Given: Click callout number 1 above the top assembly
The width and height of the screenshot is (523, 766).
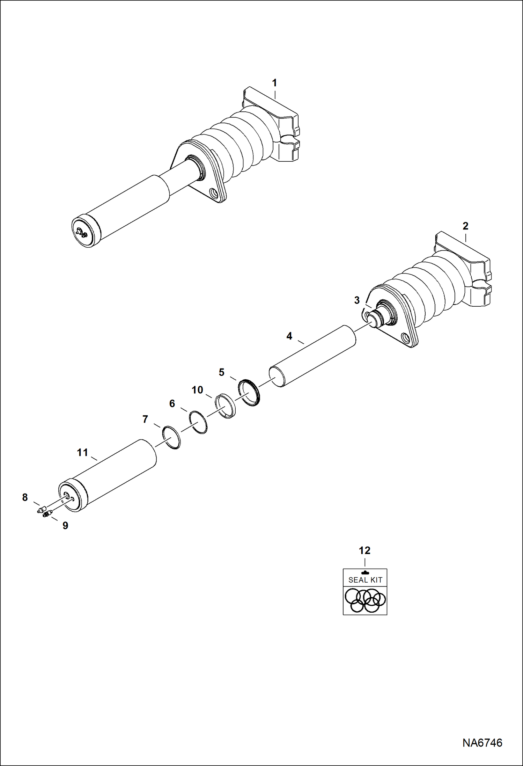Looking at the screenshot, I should pyautogui.click(x=274, y=83).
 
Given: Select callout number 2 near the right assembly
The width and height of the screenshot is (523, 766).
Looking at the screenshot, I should pyautogui.click(x=465, y=226).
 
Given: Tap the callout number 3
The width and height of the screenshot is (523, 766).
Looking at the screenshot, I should pyautogui.click(x=357, y=300).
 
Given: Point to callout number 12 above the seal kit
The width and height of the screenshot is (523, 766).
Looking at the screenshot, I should pyautogui.click(x=364, y=550).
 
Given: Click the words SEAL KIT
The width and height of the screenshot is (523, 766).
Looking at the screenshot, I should pyautogui.click(x=365, y=580).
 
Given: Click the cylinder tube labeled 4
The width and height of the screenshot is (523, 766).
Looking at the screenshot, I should pyautogui.click(x=314, y=356).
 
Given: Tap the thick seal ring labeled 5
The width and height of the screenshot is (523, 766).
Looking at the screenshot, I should pyautogui.click(x=249, y=392).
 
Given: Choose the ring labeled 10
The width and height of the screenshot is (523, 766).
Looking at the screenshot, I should pyautogui.click(x=225, y=406).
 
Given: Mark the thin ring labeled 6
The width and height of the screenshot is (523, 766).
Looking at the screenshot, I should pyautogui.click(x=198, y=423).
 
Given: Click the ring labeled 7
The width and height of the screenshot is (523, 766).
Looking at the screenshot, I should pyautogui.click(x=171, y=437).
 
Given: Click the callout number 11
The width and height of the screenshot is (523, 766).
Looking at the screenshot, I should pyautogui.click(x=82, y=453).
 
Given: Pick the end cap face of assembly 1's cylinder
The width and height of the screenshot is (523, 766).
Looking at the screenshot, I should pyautogui.click(x=83, y=233).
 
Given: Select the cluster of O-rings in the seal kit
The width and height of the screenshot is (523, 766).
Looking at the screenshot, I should pyautogui.click(x=365, y=600).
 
